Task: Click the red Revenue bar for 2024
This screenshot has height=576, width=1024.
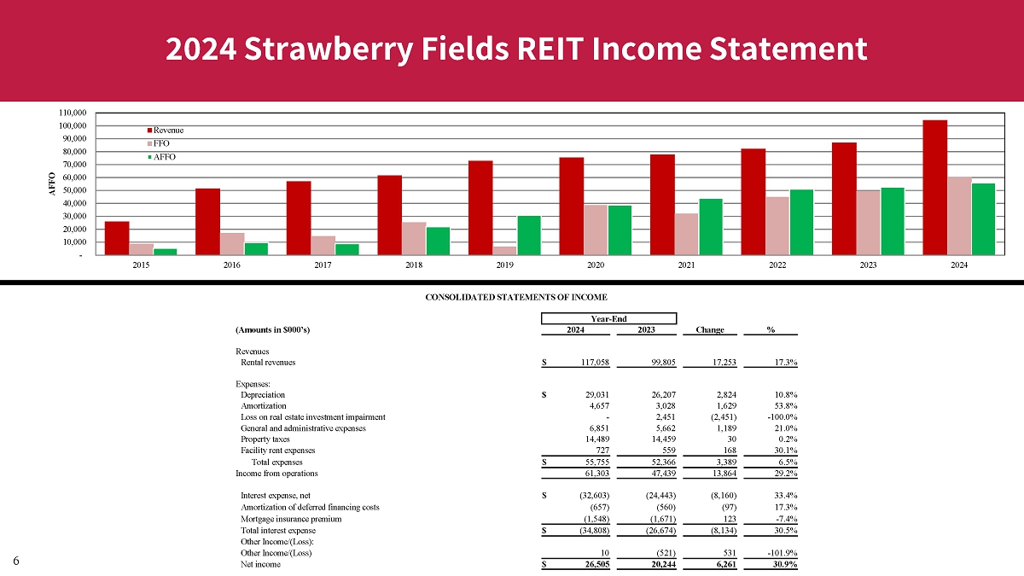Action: (934, 187)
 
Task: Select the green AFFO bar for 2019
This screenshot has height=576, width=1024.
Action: (529, 235)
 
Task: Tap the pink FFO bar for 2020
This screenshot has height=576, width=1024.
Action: (596, 230)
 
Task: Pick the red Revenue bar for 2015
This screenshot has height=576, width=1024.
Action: (117, 238)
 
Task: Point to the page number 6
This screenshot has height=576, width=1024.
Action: (16, 560)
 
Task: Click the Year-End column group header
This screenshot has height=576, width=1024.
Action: (608, 318)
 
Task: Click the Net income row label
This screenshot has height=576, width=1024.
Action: (260, 565)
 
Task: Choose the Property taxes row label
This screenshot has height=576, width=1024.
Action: (266, 439)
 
